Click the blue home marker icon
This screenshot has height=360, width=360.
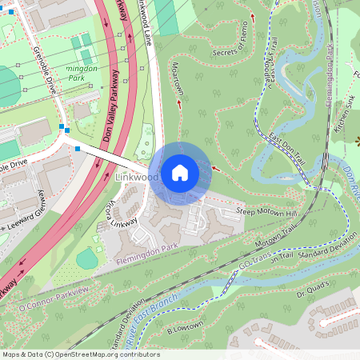pos(180,173)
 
